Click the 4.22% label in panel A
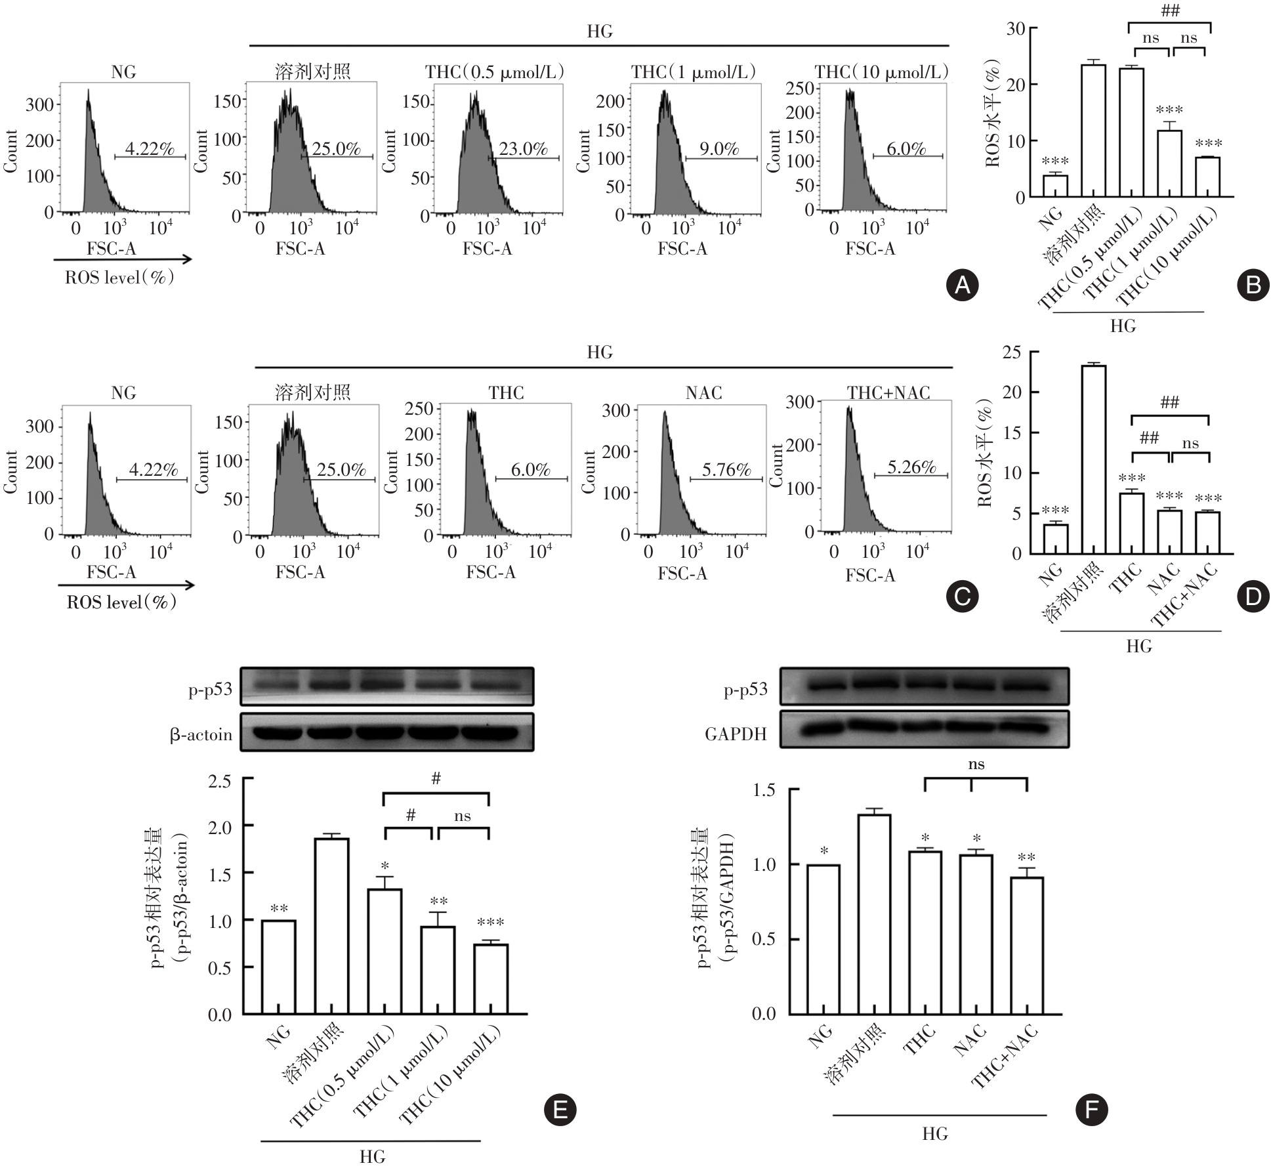150,148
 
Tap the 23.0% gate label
523,148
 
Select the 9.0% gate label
719,148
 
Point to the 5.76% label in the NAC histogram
726,469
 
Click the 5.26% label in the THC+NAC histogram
911,467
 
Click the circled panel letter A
963,285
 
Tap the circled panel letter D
1252,596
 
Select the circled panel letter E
560,1109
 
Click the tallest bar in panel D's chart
1094,459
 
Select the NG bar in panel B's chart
1055,186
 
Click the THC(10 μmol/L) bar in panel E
491,978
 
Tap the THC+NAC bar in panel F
1026,945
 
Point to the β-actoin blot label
201,734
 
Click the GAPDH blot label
736,734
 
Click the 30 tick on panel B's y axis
1016,29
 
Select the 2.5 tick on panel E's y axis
219,781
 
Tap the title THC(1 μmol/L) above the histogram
694,72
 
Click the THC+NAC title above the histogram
888,392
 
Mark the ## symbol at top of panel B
1170,10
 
